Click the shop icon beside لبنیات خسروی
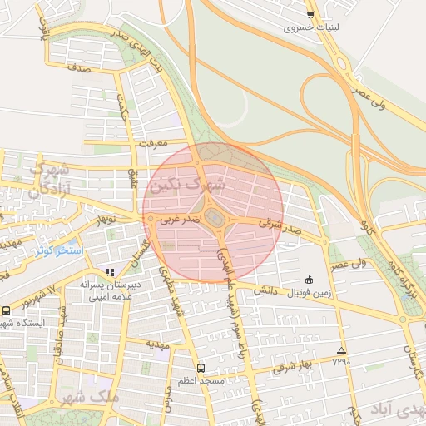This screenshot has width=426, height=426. coord(310,15)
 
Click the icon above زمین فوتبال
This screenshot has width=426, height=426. coord(310,280)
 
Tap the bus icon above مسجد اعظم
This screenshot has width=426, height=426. coord(201,367)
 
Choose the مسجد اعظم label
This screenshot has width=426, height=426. coord(201,380)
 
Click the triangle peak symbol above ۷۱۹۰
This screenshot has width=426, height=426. coord(341,350)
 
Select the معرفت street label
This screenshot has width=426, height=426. coord(154,143)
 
